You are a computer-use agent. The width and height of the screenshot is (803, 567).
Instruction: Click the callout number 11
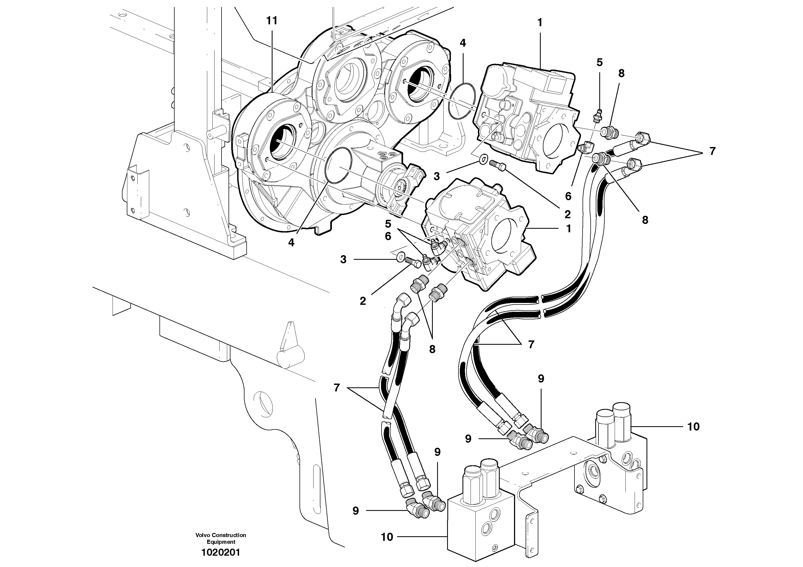(272, 21)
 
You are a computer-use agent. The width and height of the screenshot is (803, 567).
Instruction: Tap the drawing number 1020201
(221, 553)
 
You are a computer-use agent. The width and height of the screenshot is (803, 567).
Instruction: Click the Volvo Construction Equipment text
(221, 538)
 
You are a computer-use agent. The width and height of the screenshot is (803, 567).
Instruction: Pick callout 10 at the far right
(693, 426)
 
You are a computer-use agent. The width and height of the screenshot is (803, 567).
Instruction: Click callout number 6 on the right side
(568, 196)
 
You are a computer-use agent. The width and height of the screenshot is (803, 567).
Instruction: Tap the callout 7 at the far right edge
(712, 151)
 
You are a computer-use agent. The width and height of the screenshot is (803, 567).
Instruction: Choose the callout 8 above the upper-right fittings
(621, 73)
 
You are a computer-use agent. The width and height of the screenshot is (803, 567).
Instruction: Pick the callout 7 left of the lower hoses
(336, 388)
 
